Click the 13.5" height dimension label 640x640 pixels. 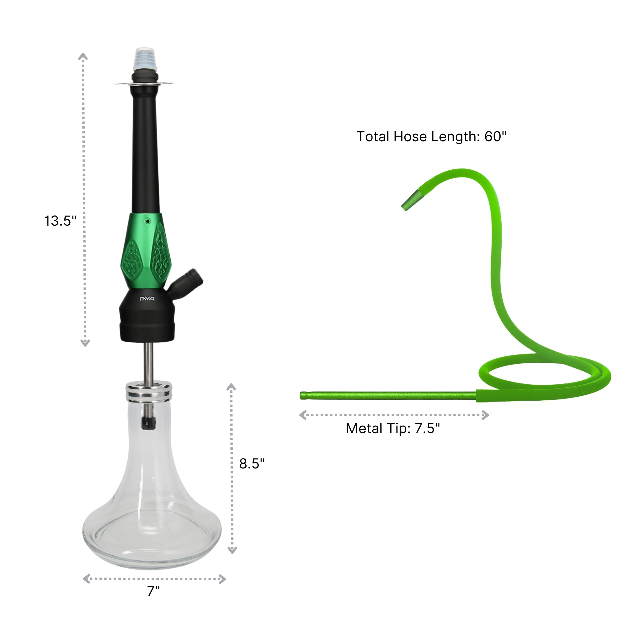click(x=60, y=221)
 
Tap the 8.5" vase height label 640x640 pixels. click(x=252, y=463)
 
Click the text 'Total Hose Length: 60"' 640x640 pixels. click(x=431, y=137)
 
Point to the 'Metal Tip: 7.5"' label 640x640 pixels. click(x=393, y=428)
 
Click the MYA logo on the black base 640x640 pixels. click(x=147, y=299)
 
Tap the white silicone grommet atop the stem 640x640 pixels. click(x=143, y=59)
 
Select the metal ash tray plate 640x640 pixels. click(x=143, y=84)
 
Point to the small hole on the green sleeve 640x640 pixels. click(x=148, y=221)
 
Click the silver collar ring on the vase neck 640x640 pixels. click(x=149, y=391)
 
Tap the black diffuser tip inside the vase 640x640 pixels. click(x=148, y=423)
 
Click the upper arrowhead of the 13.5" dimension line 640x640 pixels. click(x=83, y=57)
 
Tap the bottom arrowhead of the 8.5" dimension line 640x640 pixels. click(x=232, y=551)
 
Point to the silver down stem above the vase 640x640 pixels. click(x=148, y=361)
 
